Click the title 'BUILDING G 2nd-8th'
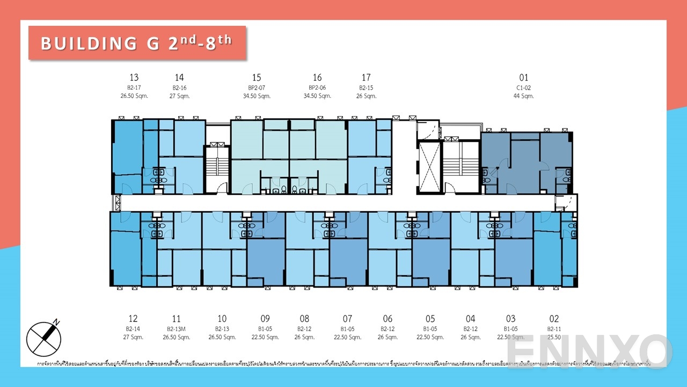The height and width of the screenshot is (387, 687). tap(137, 42)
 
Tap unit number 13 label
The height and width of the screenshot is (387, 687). tap(134, 77)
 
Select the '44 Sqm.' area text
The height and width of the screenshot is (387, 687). tap(524, 96)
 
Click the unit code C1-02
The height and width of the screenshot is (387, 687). tap(524, 88)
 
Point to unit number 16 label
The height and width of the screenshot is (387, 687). tap(317, 77)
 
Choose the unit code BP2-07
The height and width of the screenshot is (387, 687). tap(257, 88)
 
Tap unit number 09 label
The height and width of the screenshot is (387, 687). tap(265, 319)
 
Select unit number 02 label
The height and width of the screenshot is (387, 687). tap(554, 319)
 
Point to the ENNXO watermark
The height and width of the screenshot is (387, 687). tap(588, 351)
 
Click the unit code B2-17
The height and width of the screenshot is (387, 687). tap(134, 88)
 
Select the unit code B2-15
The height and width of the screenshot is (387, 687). tap(366, 88)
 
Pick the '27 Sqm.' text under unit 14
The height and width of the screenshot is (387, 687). tap(179, 96)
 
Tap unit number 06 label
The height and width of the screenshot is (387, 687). tap(388, 319)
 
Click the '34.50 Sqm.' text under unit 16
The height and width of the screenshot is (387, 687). tap(317, 96)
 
